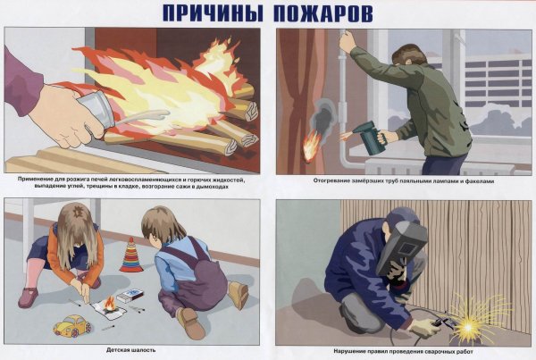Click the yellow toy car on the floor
(72, 324)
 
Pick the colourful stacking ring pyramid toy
(130, 255)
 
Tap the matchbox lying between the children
(130, 293)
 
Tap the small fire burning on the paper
(110, 306)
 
